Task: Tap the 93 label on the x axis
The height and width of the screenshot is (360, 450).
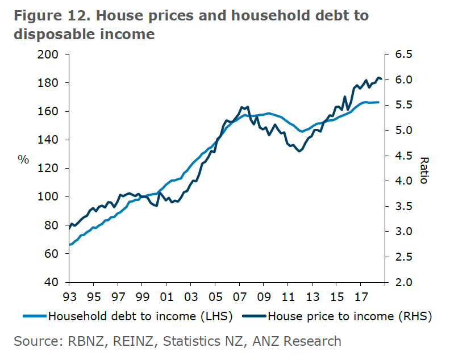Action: pos(69,296)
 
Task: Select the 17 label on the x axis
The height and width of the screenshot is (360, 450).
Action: pos(360,296)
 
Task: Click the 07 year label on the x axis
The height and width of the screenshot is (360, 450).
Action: pos(239,296)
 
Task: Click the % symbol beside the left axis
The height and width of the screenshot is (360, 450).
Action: pos(23,160)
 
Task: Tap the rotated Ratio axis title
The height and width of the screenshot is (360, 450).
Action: pos(424,170)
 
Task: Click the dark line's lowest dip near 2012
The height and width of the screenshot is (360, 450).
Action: pos(299,151)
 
